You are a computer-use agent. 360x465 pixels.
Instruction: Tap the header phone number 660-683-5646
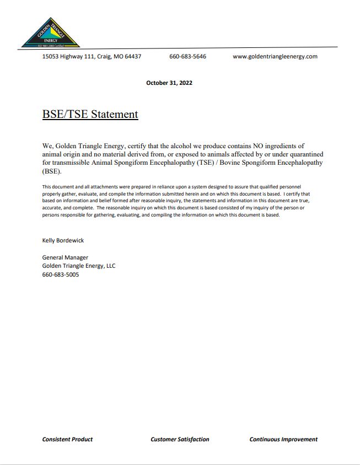pos(187,56)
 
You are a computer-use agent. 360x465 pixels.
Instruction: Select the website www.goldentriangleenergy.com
pos(275,56)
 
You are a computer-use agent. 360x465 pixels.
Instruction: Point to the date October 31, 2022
pos(169,83)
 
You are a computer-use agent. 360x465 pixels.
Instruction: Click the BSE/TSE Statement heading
pos(90,114)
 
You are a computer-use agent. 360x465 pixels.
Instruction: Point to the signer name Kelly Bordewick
pos(63,240)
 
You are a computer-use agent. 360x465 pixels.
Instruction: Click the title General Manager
pos(65,257)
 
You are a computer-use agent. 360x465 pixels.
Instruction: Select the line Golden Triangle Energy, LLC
pos(79,266)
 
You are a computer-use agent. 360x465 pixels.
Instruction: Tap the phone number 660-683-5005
pos(61,274)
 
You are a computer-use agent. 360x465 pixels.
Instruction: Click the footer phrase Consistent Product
pos(67,439)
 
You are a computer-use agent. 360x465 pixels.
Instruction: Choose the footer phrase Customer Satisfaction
pos(180,439)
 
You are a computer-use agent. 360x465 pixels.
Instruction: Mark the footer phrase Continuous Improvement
pos(283,439)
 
